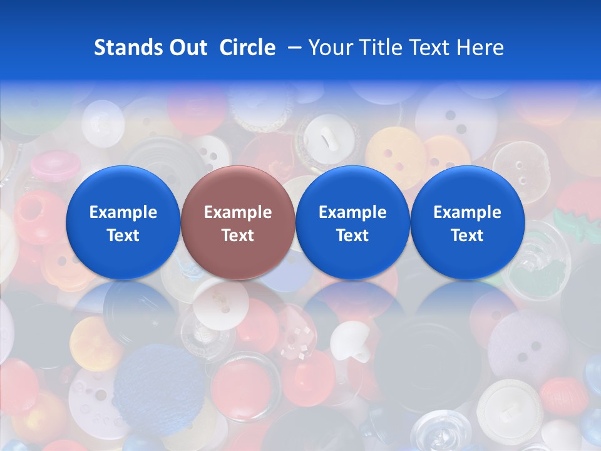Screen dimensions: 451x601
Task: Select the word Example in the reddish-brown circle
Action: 238,212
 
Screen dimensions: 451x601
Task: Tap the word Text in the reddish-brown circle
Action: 238,236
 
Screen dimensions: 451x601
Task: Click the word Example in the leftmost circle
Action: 123,212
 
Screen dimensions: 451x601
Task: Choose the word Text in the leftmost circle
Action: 123,236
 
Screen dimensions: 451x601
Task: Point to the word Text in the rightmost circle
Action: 467,236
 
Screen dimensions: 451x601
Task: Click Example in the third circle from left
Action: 352,212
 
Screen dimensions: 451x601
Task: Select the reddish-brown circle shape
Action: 238,188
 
